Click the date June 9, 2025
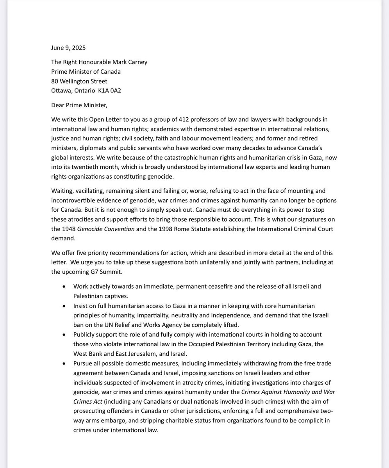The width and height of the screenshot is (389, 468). (68, 48)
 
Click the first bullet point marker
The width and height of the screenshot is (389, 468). (64, 287)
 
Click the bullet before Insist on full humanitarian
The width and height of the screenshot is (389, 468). (64, 306)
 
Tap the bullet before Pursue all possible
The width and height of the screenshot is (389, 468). (64, 363)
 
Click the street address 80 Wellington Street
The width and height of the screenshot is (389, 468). (79, 81)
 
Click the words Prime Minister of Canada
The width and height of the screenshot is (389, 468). (86, 72)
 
